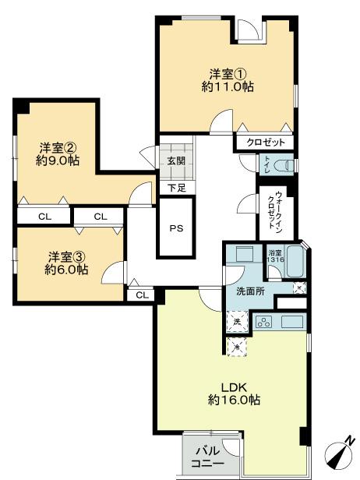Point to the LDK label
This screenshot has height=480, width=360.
[x=234, y=386]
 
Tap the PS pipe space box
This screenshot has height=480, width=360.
[x=176, y=228]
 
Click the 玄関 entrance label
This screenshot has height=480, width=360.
[x=175, y=161]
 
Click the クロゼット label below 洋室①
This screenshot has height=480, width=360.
[x=265, y=143]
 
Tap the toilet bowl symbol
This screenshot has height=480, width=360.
[x=285, y=165]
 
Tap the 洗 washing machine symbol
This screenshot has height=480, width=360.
[x=236, y=320]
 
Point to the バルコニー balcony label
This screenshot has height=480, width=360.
[x=209, y=457]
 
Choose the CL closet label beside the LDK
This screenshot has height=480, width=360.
[x=142, y=295]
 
